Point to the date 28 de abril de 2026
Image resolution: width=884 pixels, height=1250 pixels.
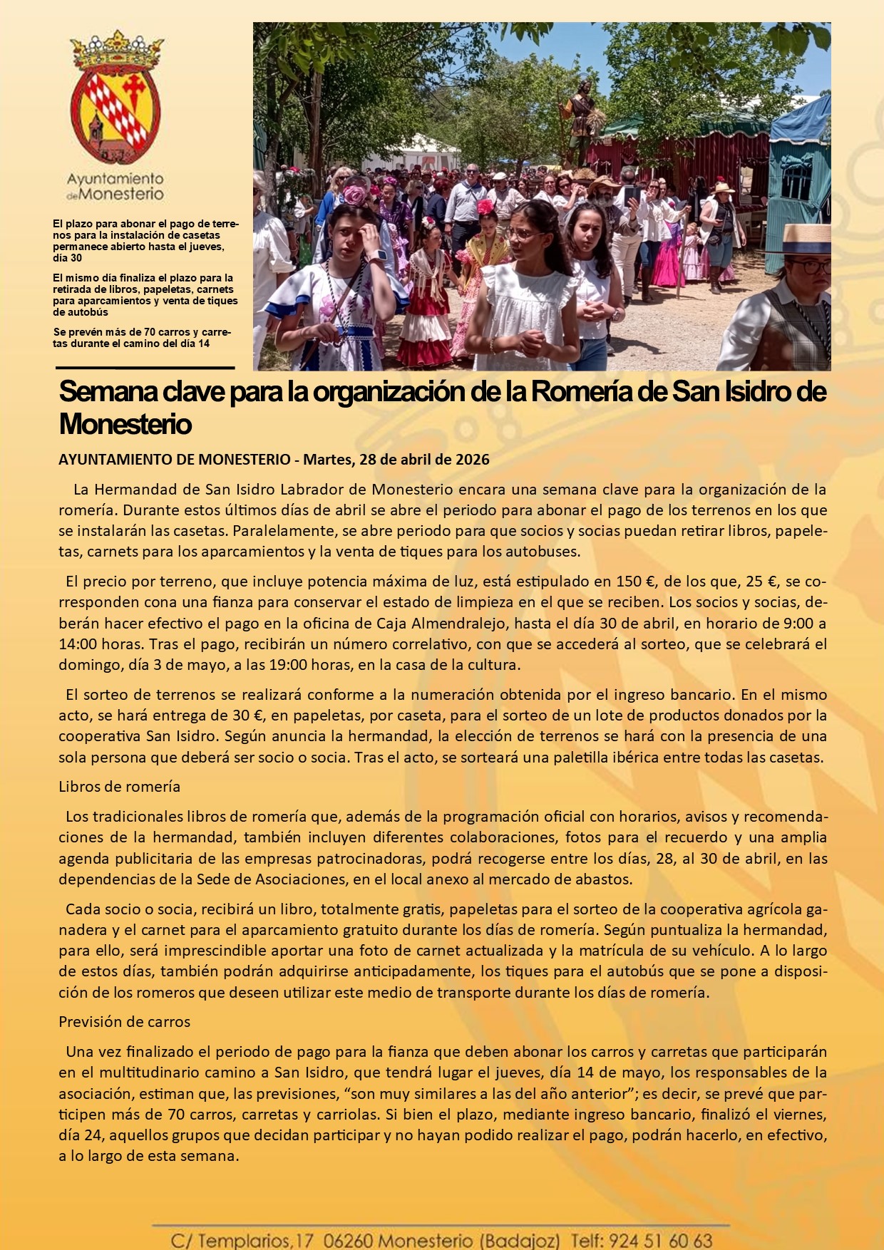point(425,460)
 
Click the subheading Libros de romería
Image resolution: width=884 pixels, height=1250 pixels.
point(119,787)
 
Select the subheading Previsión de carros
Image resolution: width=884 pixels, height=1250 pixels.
point(124,1022)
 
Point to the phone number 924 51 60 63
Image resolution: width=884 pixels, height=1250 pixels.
point(662,1241)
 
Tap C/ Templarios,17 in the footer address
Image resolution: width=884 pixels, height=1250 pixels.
point(242,1241)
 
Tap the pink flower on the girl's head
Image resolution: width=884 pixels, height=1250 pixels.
point(354,195)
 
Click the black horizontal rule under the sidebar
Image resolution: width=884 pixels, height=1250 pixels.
point(145,368)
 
